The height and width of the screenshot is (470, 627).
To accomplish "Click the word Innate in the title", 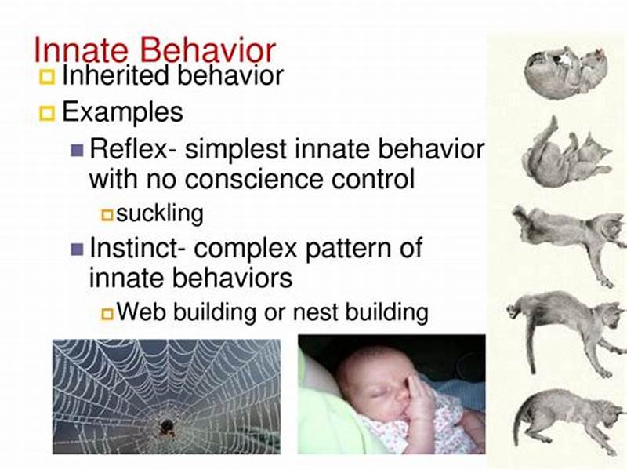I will tap(82, 50).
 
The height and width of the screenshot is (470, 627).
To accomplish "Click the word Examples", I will tap(122, 112).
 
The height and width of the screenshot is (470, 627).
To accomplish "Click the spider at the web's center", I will tap(167, 426).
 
